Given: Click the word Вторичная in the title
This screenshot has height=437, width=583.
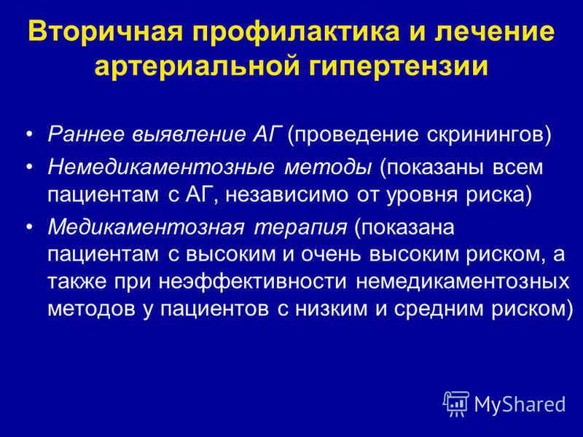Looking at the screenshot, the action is tap(105, 31).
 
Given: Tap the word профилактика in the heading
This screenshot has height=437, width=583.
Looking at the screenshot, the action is tap(296, 31).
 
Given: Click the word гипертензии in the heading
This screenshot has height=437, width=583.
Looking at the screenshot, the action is tap(398, 66).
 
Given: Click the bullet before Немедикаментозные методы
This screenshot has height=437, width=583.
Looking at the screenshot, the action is tap(30, 168).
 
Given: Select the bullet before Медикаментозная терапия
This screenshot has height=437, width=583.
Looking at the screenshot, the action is tap(30, 227).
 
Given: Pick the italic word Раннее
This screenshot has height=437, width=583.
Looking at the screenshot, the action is tap(86, 134).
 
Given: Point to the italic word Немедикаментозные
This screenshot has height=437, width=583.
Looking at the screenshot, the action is tap(160, 168).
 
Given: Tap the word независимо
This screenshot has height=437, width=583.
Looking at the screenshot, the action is tap(286, 194).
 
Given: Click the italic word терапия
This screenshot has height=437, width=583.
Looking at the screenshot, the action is tap(300, 227).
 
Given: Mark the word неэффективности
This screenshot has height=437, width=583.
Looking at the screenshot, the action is tap(252, 282).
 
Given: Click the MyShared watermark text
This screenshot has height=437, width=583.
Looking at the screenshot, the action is tap(520, 404).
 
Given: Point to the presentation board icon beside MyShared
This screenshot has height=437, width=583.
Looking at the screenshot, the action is tap(456, 404).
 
